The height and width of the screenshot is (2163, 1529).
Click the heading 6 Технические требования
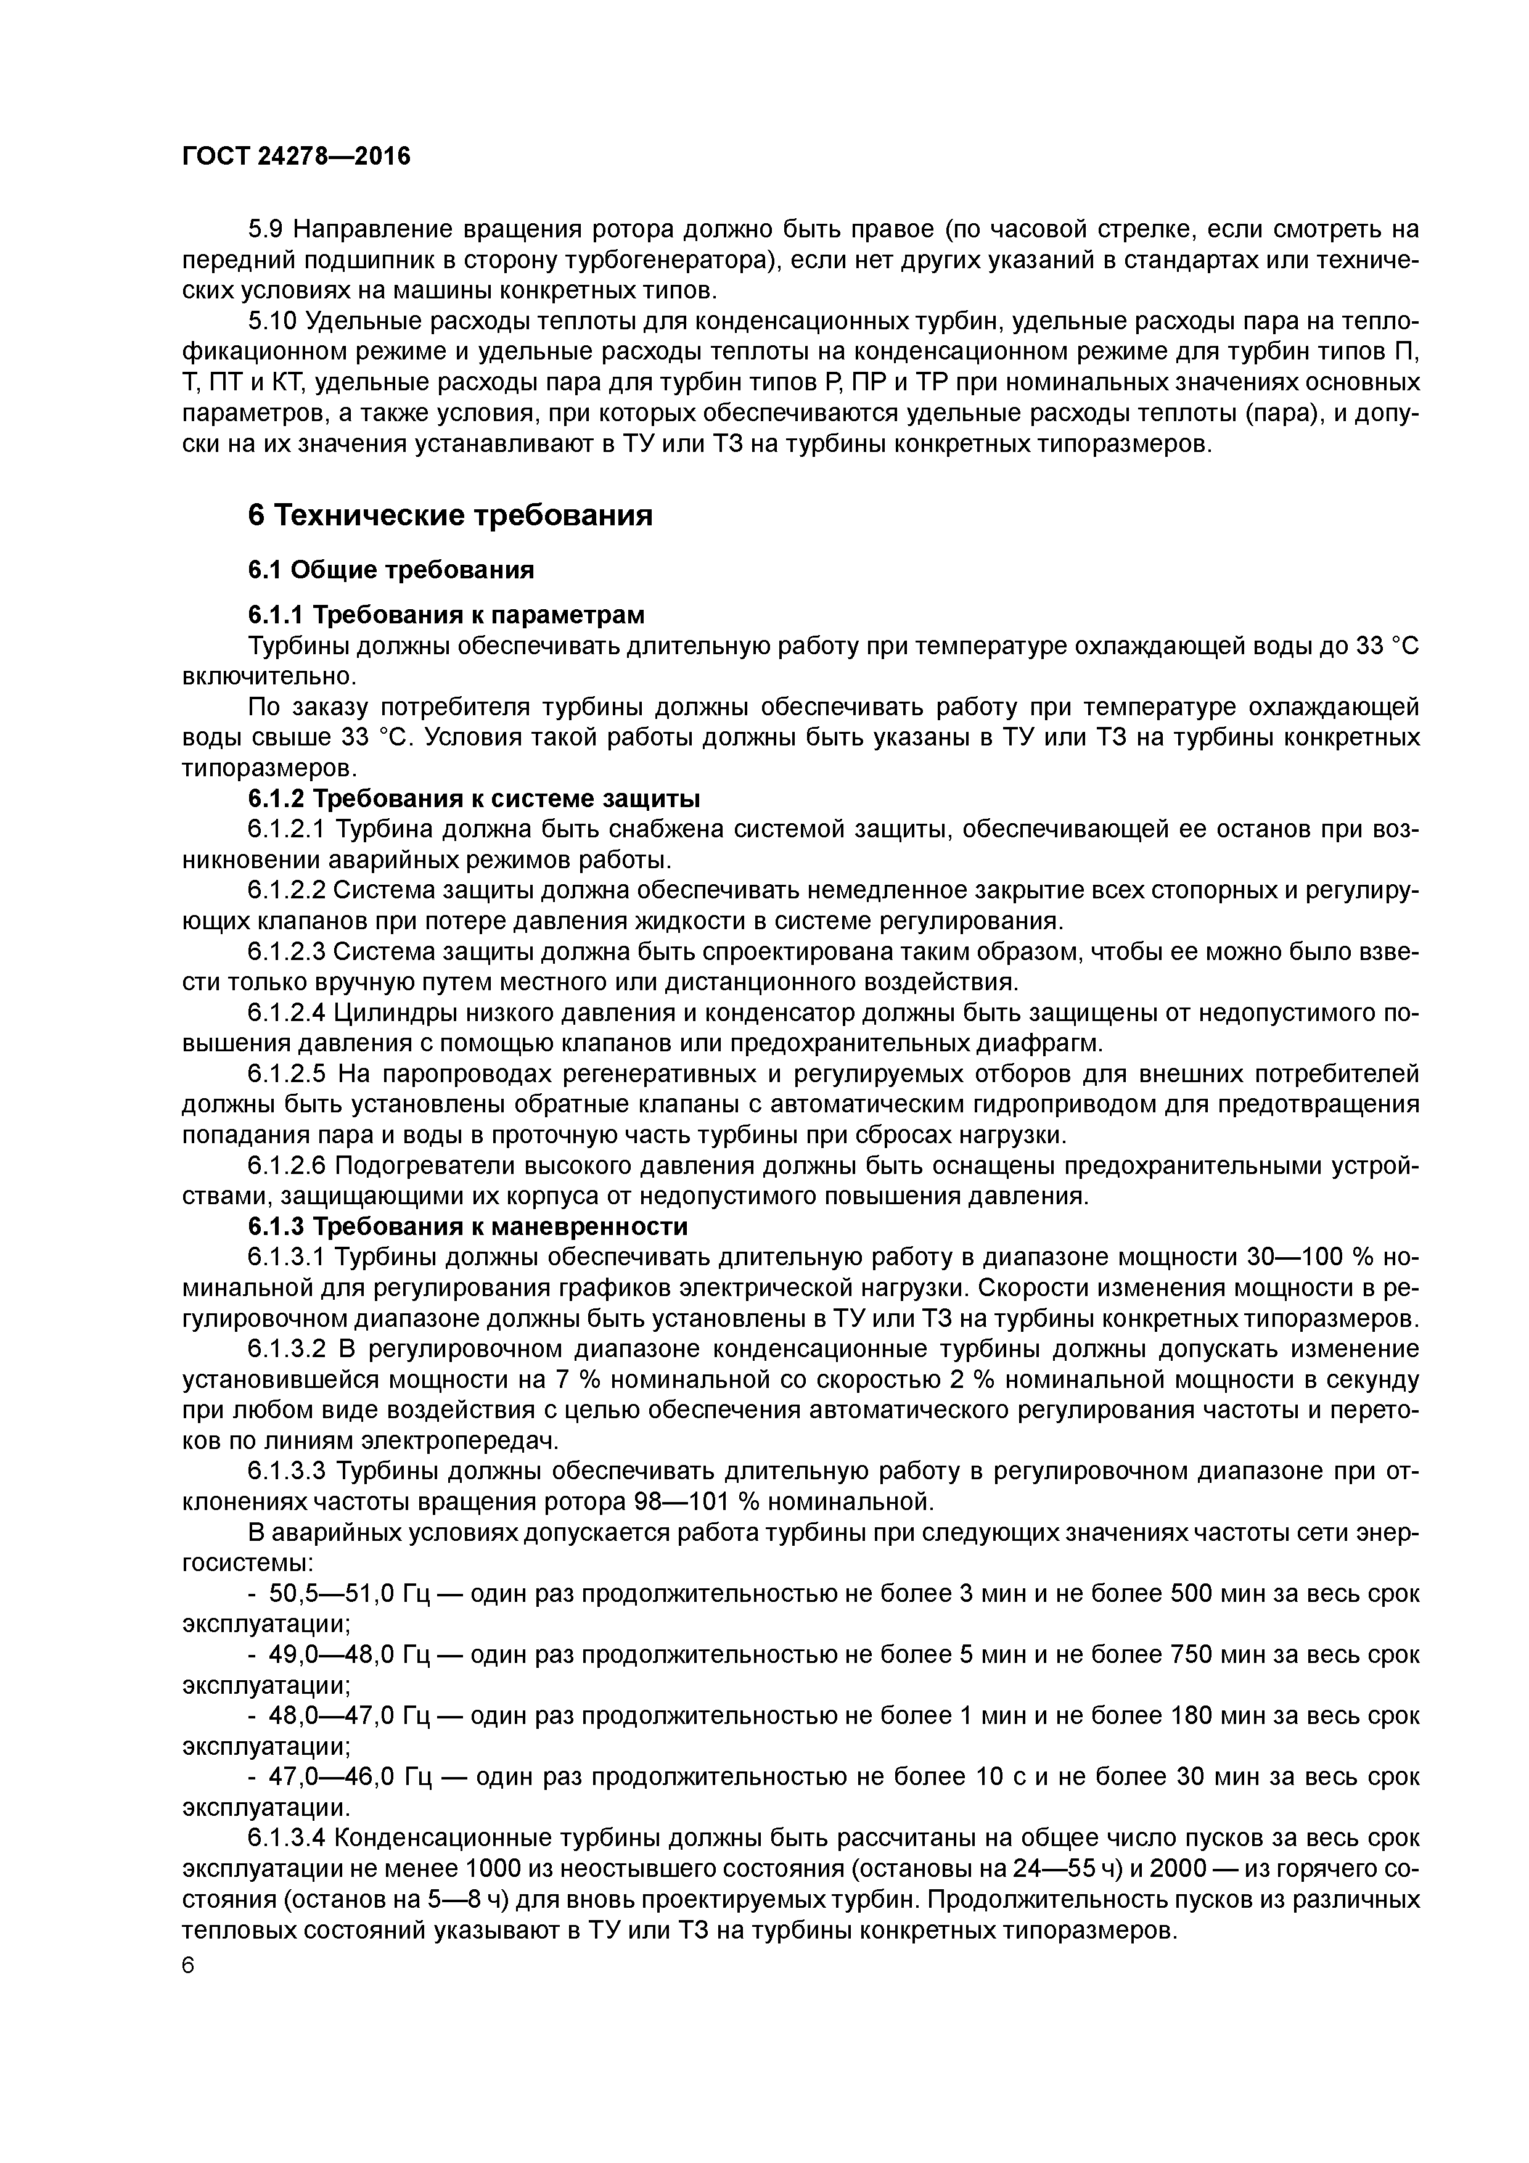pos(450,515)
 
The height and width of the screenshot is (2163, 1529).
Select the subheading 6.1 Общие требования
pos(391,570)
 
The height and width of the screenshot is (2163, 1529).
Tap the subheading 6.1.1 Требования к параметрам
pos(446,615)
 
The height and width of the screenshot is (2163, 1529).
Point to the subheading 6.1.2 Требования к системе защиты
pos(474,799)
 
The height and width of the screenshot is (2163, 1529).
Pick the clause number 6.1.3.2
pos(287,1349)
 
